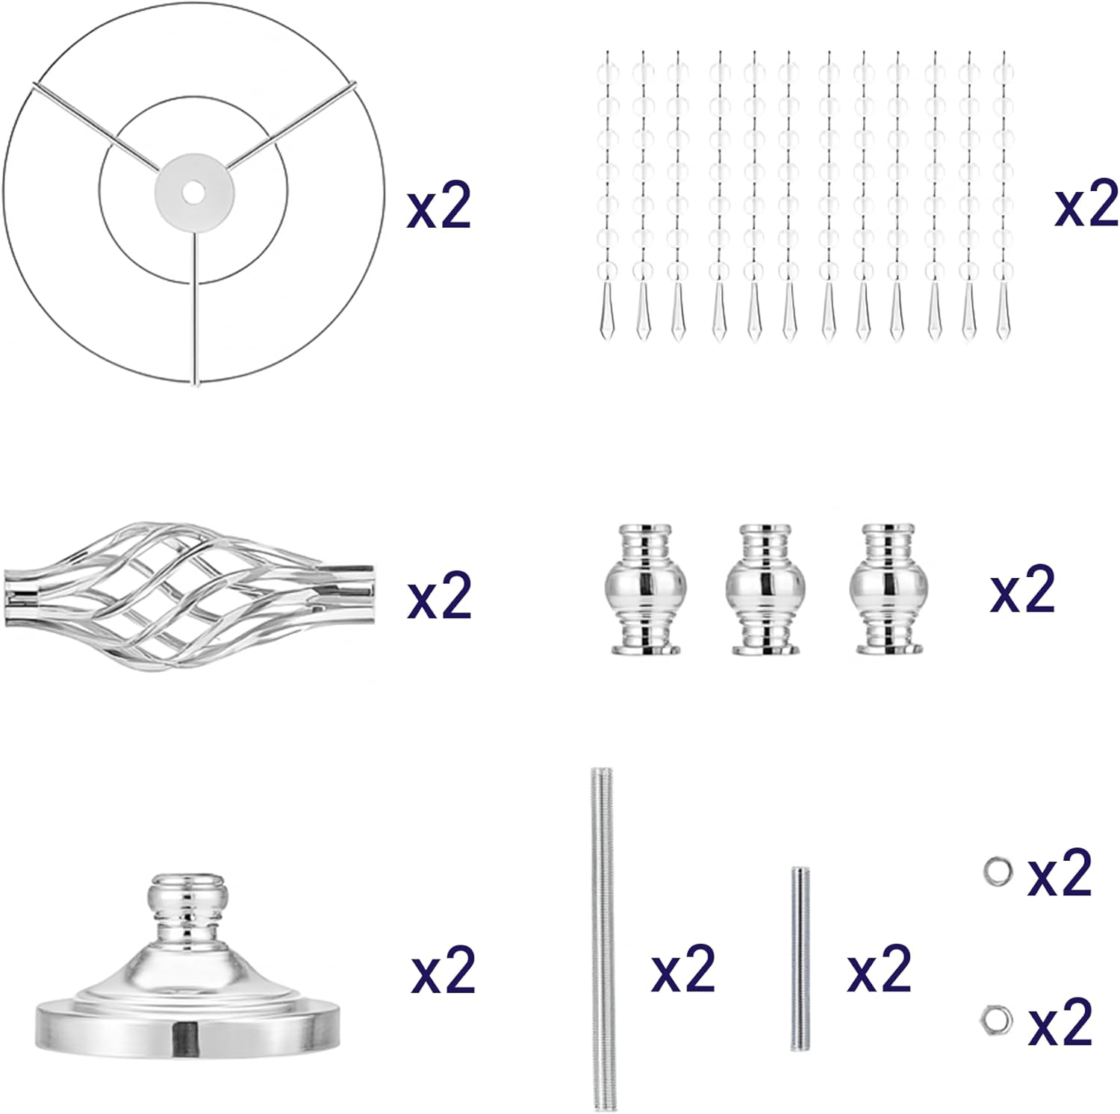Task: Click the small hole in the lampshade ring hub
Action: click(194, 193)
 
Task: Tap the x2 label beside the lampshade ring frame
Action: click(439, 205)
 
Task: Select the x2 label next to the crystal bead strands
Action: click(1086, 203)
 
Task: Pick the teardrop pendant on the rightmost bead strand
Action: click(1004, 312)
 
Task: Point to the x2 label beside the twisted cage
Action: click(440, 595)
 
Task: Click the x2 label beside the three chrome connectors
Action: click(1022, 590)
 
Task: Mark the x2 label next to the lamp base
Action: click(444, 970)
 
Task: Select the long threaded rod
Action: click(603, 939)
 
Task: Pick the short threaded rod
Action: click(800, 959)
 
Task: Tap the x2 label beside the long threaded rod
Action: click(683, 968)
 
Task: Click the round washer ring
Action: click(998, 871)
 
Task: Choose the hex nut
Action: click(997, 1021)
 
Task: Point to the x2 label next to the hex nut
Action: click(1060, 1022)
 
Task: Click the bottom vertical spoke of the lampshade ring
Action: click(195, 308)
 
